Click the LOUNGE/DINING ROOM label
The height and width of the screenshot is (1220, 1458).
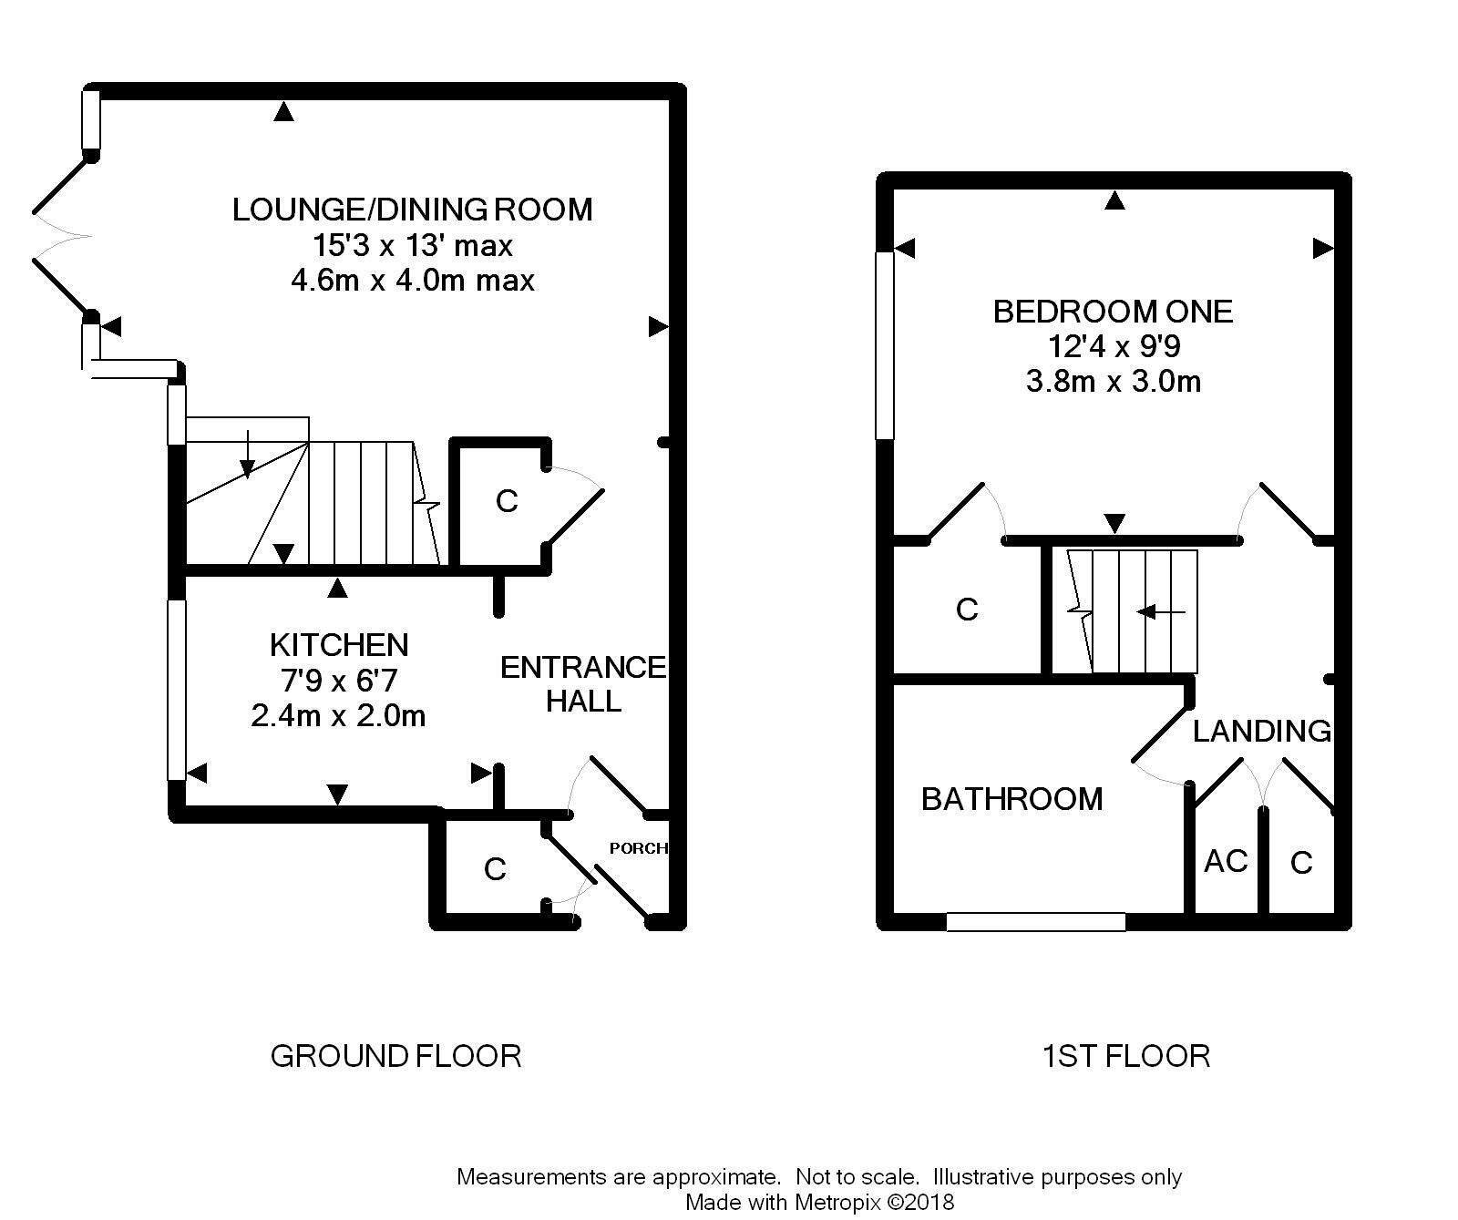(412, 210)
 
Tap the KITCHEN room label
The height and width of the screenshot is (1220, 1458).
(339, 645)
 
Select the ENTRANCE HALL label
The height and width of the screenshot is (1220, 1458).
(583, 684)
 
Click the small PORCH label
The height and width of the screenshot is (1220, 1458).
(638, 848)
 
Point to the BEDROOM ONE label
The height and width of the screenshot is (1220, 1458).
(1113, 312)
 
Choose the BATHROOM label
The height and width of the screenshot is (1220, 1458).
(1011, 799)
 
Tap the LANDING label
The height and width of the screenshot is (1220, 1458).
(1262, 731)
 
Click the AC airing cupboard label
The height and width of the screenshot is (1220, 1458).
(1226, 861)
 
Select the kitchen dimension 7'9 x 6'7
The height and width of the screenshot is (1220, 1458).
(339, 680)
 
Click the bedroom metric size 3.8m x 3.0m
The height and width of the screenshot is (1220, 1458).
(1113, 381)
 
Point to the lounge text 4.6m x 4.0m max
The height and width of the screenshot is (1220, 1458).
(412, 280)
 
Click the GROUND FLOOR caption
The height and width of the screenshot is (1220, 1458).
(395, 1056)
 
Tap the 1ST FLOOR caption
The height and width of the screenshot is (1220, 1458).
(1126, 1056)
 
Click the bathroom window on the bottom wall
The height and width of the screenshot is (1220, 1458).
(1036, 922)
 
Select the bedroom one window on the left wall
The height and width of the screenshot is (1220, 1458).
(884, 345)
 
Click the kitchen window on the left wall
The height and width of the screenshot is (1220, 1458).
(177, 690)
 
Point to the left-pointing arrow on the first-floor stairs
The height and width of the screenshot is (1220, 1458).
(1161, 612)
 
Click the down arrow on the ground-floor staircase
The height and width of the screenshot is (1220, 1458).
(247, 455)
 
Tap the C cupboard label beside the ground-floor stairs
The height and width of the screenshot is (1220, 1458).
(507, 501)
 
